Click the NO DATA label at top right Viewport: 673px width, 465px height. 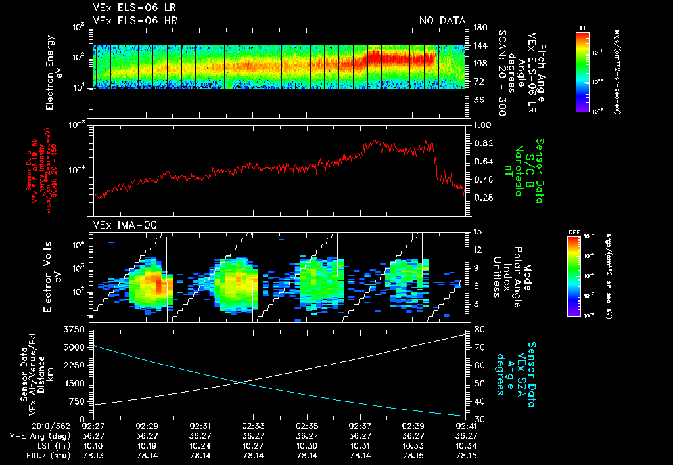click(x=442, y=21)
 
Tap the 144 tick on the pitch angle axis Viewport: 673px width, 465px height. click(x=478, y=45)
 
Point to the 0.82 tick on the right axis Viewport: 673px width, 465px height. click(x=482, y=143)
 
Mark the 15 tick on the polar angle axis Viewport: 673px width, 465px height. click(x=478, y=231)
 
